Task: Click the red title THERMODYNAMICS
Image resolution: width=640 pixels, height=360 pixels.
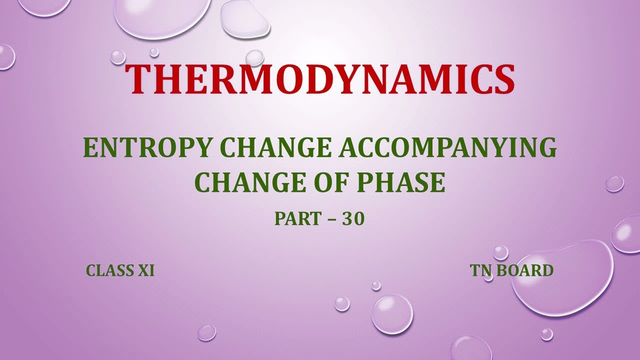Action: [320, 79]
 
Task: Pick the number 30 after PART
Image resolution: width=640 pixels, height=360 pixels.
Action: [353, 219]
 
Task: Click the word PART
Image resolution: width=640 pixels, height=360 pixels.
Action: [298, 219]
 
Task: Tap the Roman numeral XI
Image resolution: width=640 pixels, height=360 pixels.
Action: [145, 270]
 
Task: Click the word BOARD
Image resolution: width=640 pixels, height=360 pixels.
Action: [524, 270]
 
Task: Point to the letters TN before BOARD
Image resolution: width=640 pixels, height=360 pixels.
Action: [480, 270]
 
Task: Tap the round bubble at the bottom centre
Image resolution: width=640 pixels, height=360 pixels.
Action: [392, 314]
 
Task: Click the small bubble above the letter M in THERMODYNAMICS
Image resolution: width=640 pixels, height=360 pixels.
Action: [254, 57]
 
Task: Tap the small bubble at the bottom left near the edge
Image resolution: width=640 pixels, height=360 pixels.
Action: [206, 332]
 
